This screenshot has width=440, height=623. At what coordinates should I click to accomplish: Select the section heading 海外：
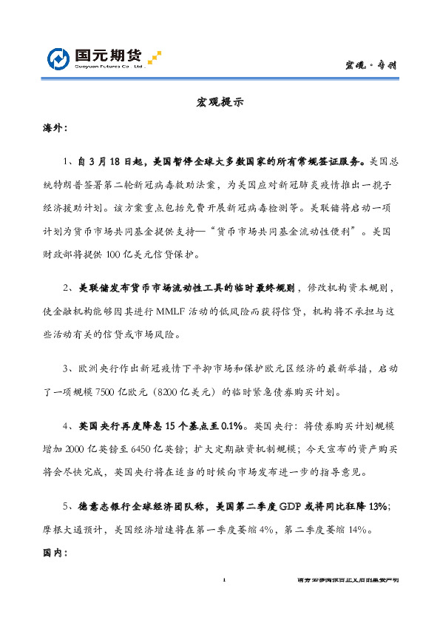[x=56, y=127]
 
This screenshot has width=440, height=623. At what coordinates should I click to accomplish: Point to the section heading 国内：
[x=56, y=551]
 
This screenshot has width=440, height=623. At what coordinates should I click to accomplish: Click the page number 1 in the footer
[x=223, y=581]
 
